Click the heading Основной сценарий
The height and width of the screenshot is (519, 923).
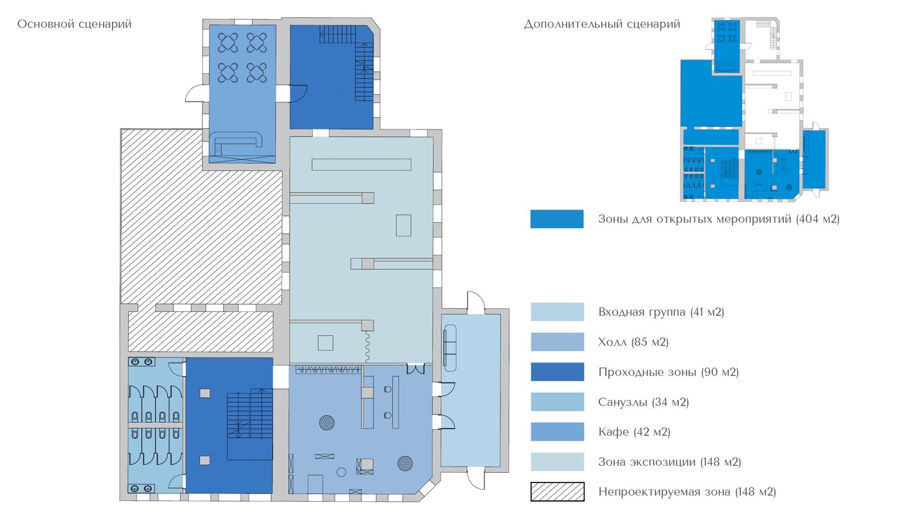74,24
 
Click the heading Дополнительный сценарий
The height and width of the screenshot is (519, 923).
602,24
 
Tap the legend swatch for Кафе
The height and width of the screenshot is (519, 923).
557,432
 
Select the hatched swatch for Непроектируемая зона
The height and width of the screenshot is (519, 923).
557,492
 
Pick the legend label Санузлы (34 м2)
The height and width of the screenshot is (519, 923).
644,402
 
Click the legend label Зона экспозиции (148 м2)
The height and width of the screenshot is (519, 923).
670,462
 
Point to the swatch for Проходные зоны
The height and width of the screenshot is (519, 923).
557,372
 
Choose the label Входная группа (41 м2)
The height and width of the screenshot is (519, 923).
661,312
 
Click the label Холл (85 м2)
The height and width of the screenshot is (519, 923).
633,342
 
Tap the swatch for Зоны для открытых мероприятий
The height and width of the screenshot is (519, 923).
556,218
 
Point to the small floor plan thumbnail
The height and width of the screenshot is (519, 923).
754,110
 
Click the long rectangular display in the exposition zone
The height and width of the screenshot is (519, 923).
362,164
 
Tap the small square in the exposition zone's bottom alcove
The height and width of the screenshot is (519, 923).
325,343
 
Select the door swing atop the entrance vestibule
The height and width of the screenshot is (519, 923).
476,301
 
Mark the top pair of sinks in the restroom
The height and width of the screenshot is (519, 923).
141,362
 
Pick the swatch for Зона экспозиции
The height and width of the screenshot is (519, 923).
557,462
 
